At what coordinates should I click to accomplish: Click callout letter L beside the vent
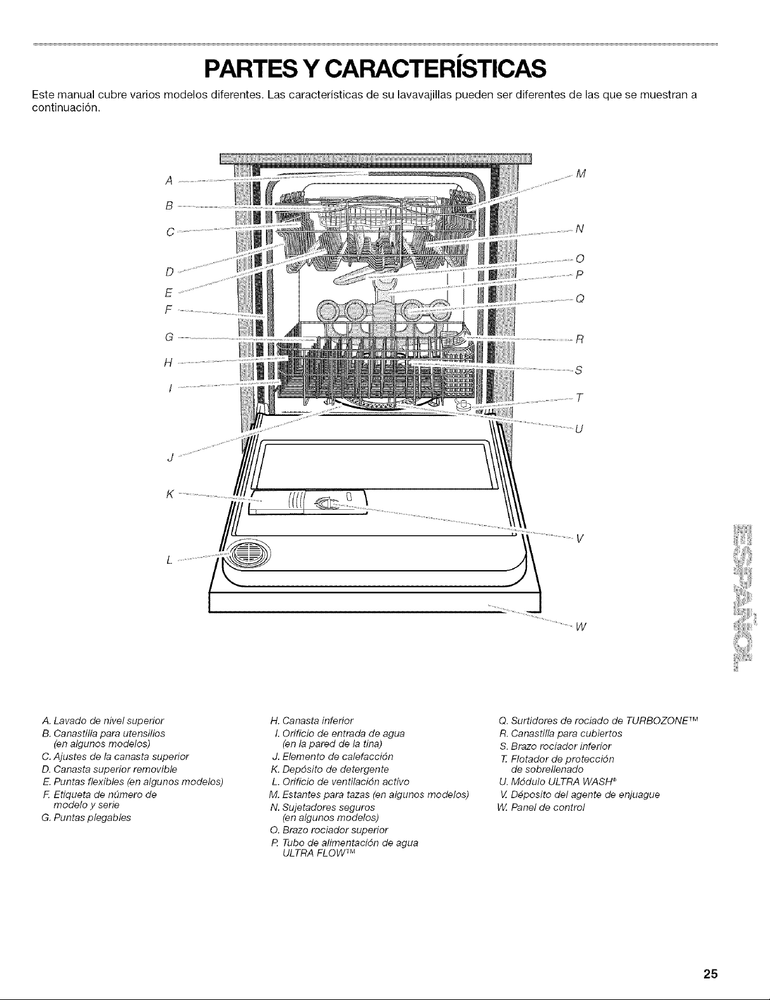click(168, 559)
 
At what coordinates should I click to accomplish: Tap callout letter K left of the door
click(169, 493)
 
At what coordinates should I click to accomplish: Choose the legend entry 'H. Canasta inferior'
click(311, 720)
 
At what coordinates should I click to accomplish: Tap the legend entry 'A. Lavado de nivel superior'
click(102, 720)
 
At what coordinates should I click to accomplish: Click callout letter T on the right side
click(579, 397)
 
